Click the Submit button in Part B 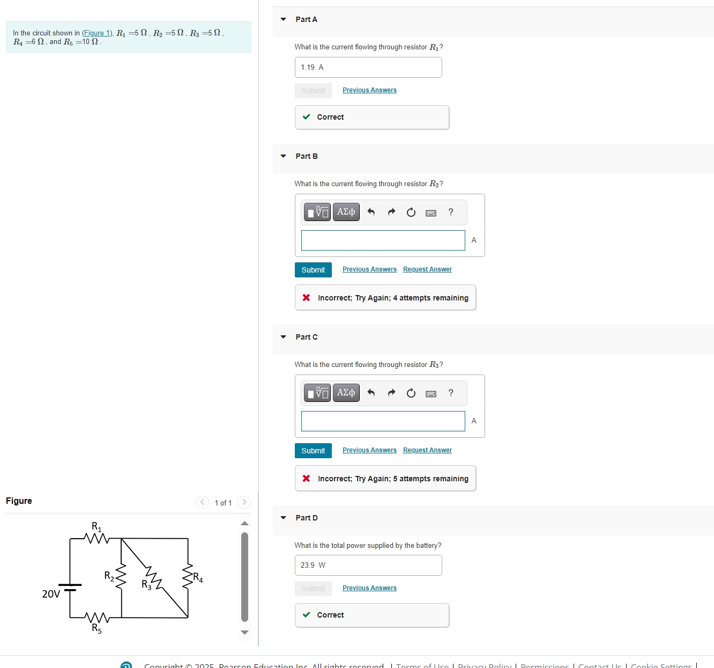[313, 270]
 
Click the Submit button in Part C [313, 451]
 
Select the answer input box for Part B [383, 240]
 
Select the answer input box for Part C [383, 421]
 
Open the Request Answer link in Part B [427, 269]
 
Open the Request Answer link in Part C [427, 450]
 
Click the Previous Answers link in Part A [369, 90]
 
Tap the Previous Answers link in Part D [369, 588]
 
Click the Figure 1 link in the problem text [96, 33]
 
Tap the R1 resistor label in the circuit [96, 526]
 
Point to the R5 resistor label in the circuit [96, 628]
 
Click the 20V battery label [51, 594]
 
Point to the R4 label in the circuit [198, 578]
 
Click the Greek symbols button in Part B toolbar [346, 212]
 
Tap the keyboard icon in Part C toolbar [430, 393]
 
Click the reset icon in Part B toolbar [411, 212]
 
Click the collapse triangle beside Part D [284, 518]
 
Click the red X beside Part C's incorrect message [306, 479]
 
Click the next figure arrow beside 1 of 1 [244, 502]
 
